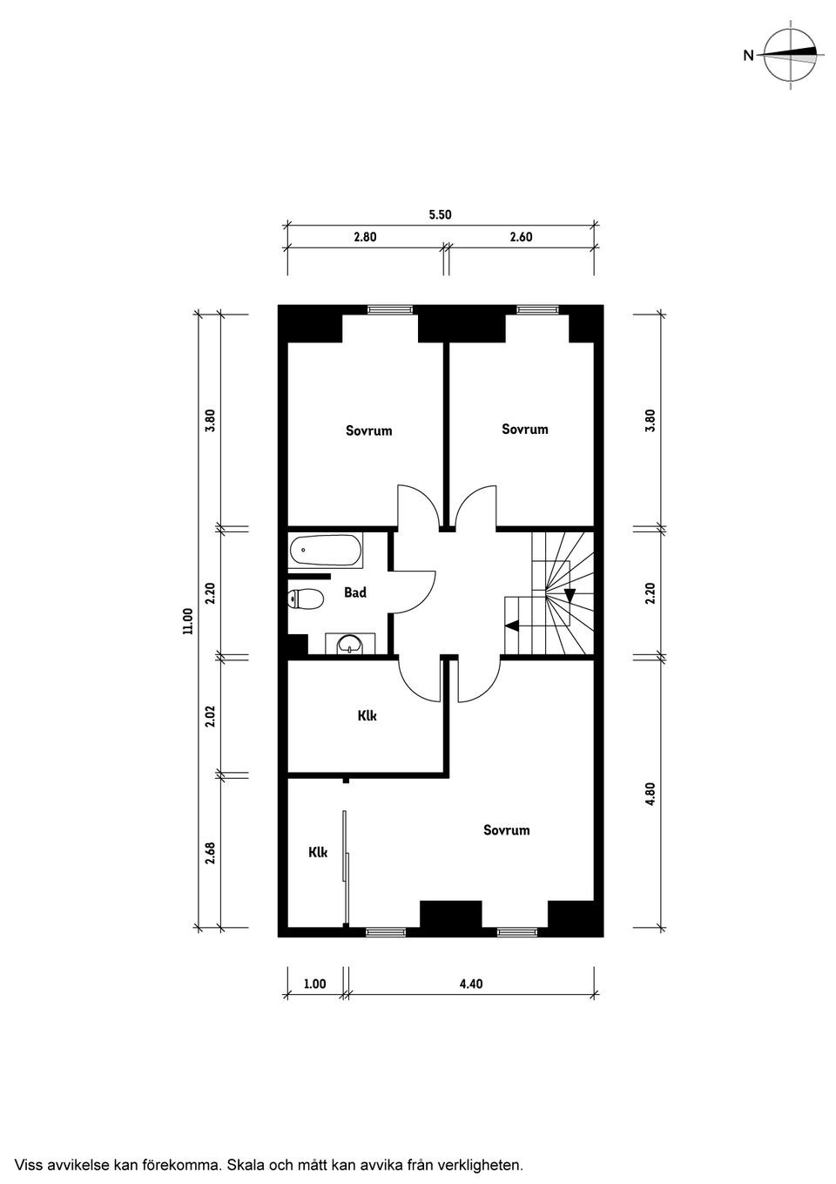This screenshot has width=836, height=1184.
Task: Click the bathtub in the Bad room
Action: [x=326, y=551]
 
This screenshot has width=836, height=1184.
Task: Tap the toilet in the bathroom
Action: [x=306, y=599]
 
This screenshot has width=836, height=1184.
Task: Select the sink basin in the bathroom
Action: [x=350, y=644]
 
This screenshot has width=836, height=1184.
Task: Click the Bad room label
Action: [x=355, y=592]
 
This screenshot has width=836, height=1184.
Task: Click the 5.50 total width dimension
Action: [x=440, y=214]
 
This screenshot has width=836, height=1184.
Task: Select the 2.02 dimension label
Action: [x=211, y=715]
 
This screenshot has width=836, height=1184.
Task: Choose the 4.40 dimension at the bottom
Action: [x=471, y=984]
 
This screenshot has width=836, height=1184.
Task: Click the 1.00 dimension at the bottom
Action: [x=315, y=984]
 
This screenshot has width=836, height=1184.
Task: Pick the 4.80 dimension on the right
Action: [x=650, y=794]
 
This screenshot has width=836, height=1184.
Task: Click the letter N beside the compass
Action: [x=748, y=55]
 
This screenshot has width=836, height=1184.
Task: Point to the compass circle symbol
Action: [x=791, y=55]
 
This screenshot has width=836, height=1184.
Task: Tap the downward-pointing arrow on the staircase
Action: [x=570, y=595]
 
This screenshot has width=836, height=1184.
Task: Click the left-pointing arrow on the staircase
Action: [x=511, y=626]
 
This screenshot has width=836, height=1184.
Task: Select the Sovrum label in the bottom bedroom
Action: [x=506, y=830]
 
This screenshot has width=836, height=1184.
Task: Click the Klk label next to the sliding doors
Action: [x=318, y=852]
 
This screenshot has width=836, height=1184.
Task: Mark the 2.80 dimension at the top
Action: [x=365, y=237]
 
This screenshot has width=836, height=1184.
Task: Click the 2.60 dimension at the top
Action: [x=521, y=237]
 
